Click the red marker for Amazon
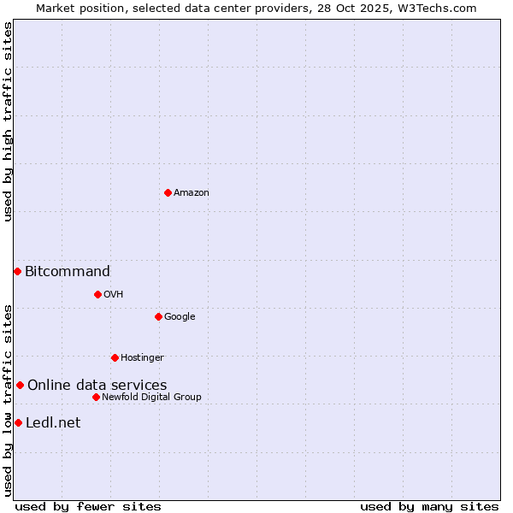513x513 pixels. (x=168, y=192)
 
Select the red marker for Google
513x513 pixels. (x=158, y=316)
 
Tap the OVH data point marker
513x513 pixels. (x=97, y=294)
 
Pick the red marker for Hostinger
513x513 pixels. (x=115, y=357)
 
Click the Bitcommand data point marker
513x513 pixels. (x=17, y=271)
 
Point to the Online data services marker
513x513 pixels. (x=20, y=385)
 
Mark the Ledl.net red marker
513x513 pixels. (x=18, y=422)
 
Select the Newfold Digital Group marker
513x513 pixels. (x=96, y=397)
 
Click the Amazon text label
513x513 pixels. (x=192, y=192)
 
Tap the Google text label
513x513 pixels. (x=180, y=316)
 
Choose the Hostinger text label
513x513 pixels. (x=142, y=357)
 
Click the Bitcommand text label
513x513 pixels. (x=68, y=272)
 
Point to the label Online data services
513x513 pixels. (x=97, y=386)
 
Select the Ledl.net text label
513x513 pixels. (x=53, y=423)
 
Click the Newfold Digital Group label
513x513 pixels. (x=151, y=397)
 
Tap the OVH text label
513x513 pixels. (x=114, y=294)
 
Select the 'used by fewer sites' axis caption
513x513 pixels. (x=88, y=506)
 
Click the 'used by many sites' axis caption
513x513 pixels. (x=429, y=506)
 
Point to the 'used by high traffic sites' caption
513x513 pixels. (x=8, y=121)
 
